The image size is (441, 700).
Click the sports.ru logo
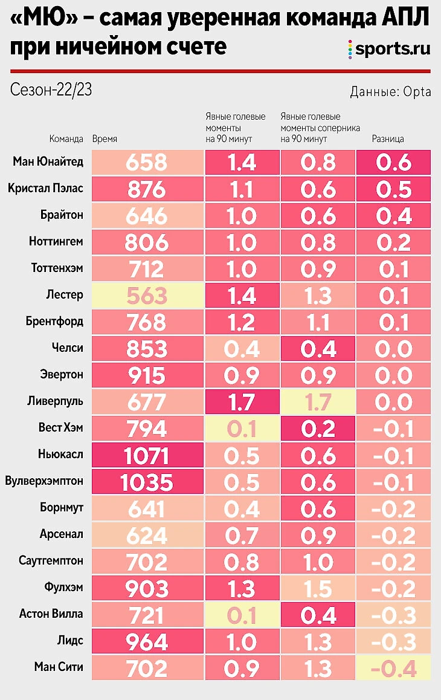389,49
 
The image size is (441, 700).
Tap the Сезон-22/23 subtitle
51,90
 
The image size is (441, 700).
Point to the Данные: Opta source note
390,92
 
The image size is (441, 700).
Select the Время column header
105,139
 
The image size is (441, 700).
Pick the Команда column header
66,139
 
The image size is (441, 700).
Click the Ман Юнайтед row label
48,162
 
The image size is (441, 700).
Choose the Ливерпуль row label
55,401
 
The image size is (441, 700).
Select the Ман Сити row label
58,667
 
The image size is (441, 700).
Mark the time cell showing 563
146,296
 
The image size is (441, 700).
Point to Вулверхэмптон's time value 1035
146,482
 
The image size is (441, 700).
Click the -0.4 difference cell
393,669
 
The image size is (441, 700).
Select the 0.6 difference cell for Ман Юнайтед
393,163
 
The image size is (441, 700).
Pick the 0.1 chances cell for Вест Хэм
242,429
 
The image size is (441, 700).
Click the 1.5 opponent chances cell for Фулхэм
318,588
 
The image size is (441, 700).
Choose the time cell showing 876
146,189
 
